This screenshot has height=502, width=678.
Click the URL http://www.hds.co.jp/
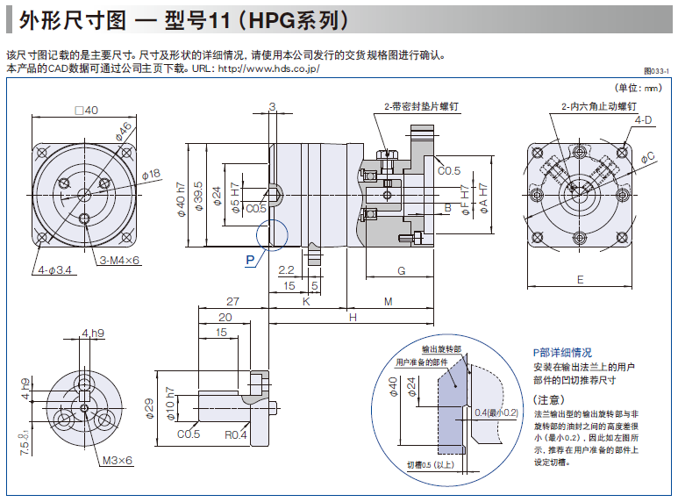coord(268,68)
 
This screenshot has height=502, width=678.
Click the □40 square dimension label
coord(86,111)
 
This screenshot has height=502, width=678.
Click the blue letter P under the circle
coord(250,260)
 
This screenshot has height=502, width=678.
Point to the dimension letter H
coord(353,317)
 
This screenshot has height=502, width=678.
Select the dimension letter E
coord(580,279)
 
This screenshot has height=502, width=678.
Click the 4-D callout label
coord(643,119)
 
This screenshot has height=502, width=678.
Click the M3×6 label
coord(117,460)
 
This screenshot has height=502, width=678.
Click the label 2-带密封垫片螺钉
coord(422,106)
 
